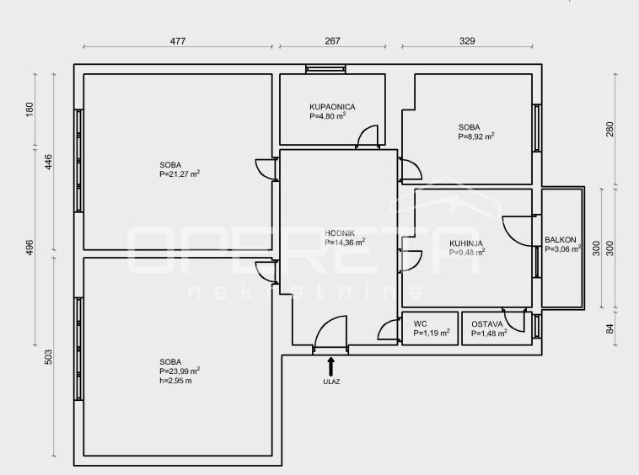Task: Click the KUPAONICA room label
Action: click(332, 107)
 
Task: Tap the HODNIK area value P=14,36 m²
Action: click(345, 243)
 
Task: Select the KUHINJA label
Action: click(466, 243)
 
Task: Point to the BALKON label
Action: click(561, 240)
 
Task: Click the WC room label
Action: click(420, 324)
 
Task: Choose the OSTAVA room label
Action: click(487, 324)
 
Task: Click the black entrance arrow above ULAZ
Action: click(331, 366)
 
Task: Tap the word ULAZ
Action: click(331, 382)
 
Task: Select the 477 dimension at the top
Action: click(178, 41)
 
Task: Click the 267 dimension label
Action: click(332, 41)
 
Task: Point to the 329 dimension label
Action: click(467, 41)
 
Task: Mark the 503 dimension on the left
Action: click(48, 357)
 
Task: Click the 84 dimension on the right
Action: click(609, 328)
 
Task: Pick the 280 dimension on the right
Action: click(609, 130)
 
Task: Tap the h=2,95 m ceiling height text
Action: click(175, 381)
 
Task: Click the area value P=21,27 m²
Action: click(180, 174)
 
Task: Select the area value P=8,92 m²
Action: click(476, 136)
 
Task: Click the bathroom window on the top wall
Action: click(325, 69)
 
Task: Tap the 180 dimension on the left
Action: click(30, 109)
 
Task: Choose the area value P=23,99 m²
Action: click(180, 371)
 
